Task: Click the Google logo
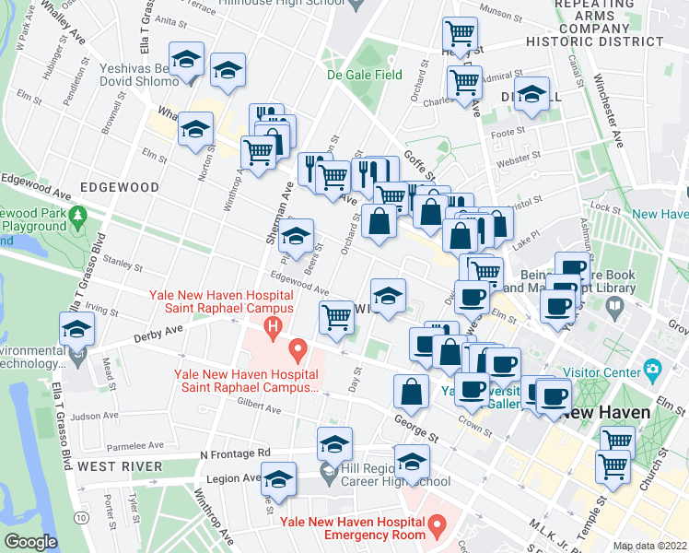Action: coord(30,542)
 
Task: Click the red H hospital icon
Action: coord(272,325)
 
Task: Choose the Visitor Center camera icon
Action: coord(653,372)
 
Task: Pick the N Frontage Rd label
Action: coord(235,453)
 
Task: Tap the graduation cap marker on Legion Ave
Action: coord(278,481)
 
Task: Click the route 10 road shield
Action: coord(83,520)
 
